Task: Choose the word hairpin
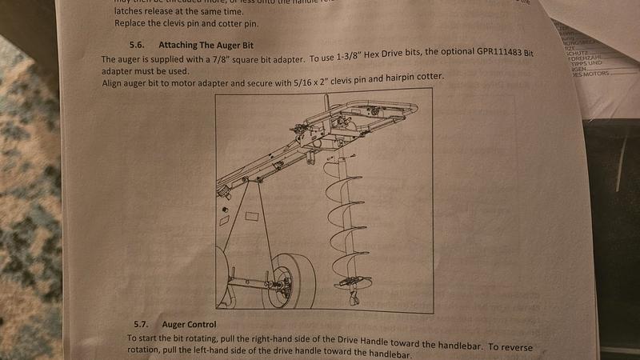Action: click(x=394, y=78)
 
